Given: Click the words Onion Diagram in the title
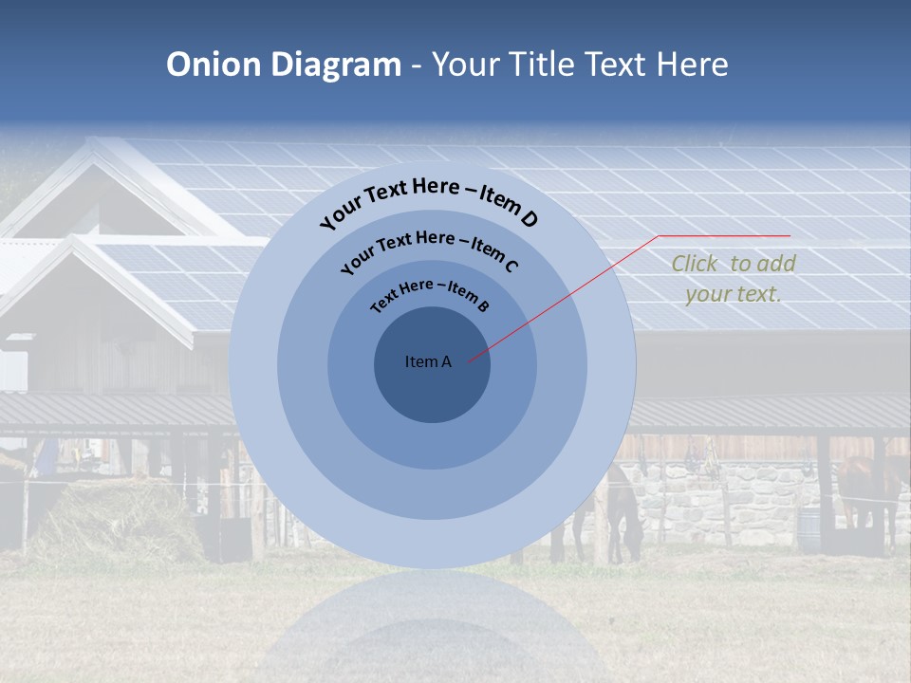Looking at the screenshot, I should (284, 65).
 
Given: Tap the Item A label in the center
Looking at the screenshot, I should (428, 361).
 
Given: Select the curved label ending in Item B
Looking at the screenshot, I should (430, 294).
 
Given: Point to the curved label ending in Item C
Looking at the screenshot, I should (430, 250).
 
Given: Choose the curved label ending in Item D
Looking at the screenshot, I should (430, 201).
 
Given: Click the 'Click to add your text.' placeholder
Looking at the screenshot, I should (734, 279).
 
